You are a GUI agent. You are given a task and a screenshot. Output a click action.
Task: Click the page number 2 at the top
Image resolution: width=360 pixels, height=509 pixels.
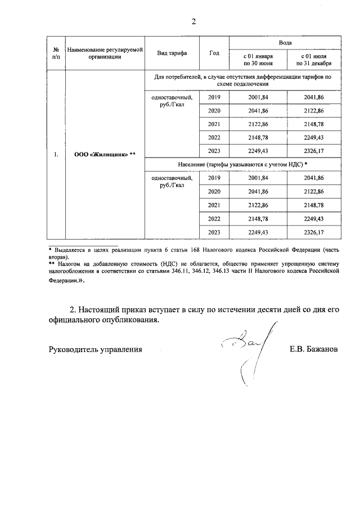pos(193,22)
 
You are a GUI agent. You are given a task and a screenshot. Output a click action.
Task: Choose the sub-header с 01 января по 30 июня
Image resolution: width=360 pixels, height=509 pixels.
pos(258,60)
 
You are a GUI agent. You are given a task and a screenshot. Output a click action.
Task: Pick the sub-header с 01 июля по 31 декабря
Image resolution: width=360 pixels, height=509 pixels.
pos(313,60)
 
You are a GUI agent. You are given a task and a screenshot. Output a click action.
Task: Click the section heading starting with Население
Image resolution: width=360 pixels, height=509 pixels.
pos(242,164)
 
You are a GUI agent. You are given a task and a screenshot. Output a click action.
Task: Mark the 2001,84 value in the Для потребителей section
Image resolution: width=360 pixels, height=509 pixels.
pos(258,97)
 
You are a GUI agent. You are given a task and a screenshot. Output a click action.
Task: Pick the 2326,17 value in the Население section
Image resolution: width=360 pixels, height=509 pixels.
pos(313,232)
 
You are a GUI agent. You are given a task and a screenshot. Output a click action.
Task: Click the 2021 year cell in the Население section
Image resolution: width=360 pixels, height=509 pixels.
pos(214,205)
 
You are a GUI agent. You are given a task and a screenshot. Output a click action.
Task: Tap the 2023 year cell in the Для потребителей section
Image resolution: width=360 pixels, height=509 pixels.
pos(214,151)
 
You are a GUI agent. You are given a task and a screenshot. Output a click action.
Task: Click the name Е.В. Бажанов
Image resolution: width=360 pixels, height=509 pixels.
pos(314,349)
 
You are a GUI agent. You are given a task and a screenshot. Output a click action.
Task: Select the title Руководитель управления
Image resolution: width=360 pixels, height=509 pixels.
pos(95,349)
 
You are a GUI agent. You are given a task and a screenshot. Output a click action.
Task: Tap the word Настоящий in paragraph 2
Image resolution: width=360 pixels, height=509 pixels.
pos(103,310)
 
